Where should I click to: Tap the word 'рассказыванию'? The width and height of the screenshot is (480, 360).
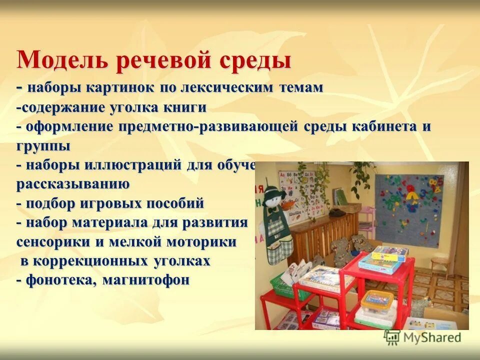pos(73,184)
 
